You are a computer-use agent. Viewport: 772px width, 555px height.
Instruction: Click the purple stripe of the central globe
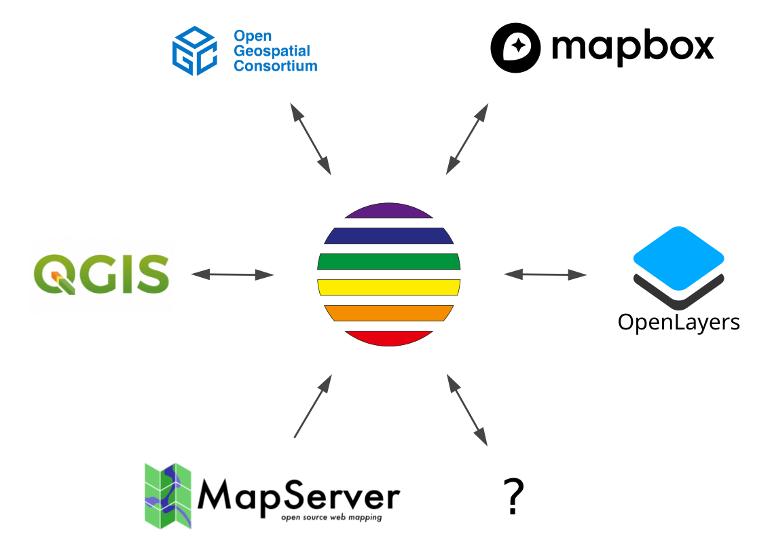point(388,211)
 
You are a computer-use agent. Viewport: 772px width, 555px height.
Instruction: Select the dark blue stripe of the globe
point(388,236)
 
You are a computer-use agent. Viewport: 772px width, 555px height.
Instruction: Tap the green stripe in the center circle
point(388,262)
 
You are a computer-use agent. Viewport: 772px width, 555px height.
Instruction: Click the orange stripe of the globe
point(388,313)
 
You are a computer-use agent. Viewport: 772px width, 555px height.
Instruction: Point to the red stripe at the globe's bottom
point(388,338)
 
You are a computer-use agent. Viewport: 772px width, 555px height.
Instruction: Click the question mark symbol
point(514,497)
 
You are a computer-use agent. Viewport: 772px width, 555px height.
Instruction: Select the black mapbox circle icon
point(516,48)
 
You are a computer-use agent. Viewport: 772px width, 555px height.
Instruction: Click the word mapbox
point(632,47)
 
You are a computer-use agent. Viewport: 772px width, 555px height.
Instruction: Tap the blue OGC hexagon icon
point(194,50)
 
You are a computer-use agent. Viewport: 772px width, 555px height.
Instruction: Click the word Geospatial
point(272,51)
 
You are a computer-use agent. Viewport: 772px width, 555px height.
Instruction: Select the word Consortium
point(275,66)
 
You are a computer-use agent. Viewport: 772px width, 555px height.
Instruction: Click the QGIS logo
point(101,274)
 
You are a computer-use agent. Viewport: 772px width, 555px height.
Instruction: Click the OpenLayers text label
point(678,321)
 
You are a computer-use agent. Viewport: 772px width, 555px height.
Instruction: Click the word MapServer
point(298,497)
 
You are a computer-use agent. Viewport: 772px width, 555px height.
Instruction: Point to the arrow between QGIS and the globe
point(232,274)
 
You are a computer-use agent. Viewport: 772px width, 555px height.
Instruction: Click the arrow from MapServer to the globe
point(312,406)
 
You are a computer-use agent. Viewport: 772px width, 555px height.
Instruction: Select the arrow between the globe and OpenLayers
point(545,274)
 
